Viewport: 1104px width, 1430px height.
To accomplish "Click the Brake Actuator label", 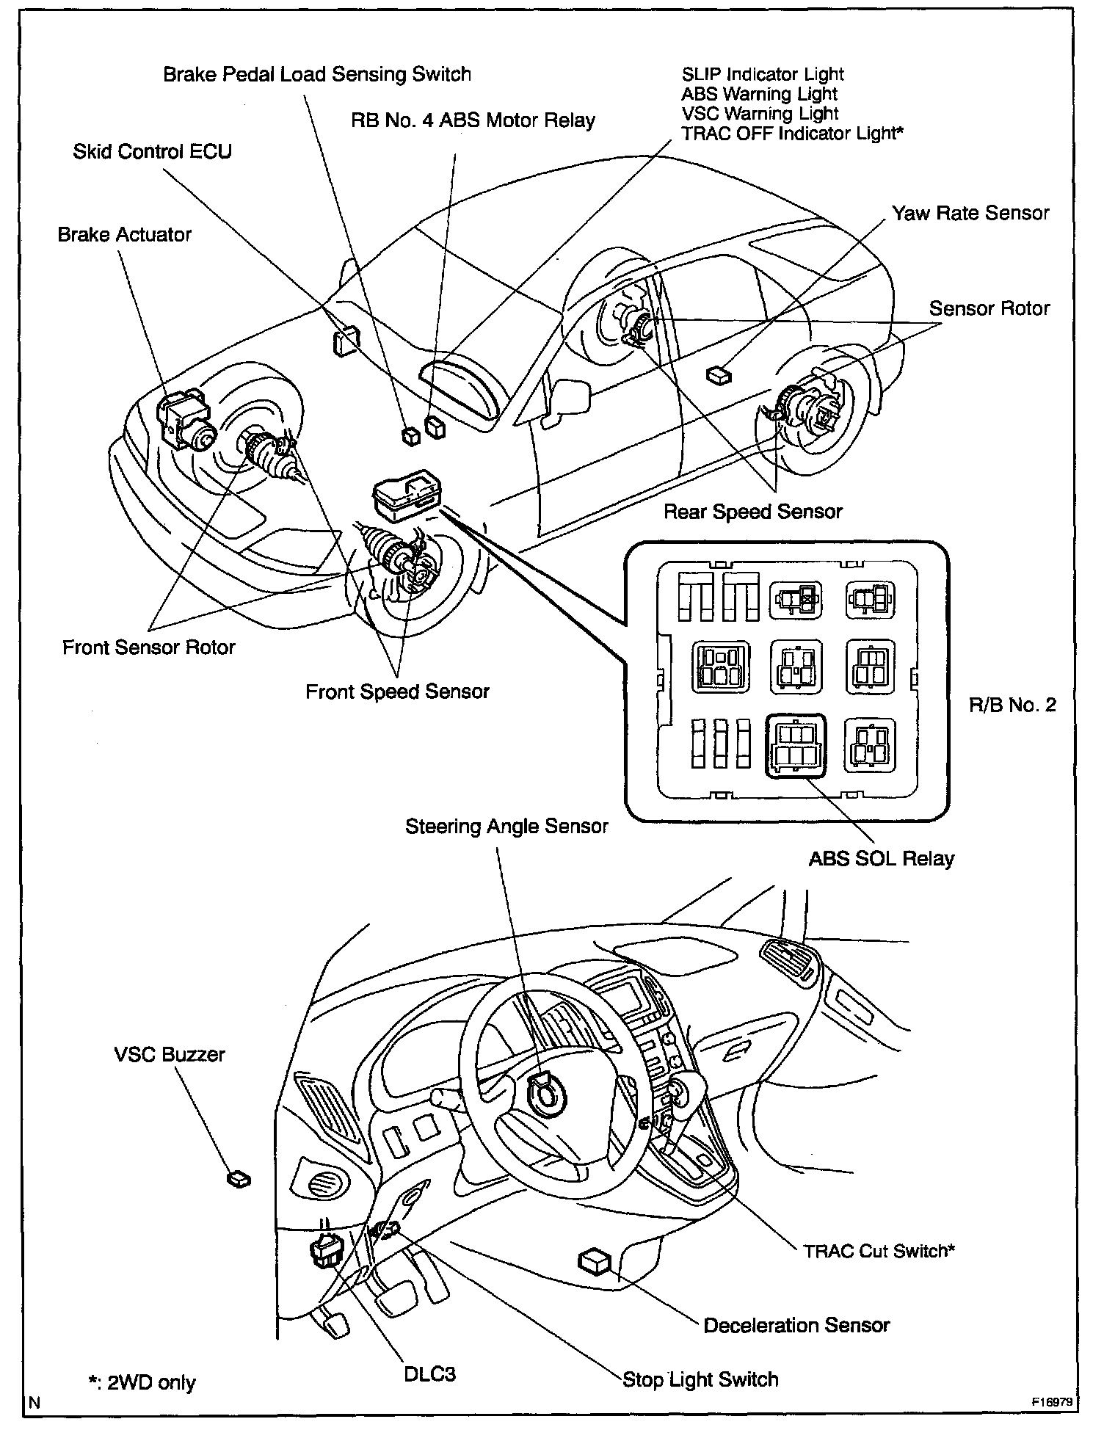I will click(x=124, y=235).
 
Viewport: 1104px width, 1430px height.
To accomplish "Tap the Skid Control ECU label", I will click(x=152, y=152).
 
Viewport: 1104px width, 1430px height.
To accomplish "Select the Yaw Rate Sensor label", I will click(x=970, y=214).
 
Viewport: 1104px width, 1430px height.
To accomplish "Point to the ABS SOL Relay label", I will click(x=881, y=859).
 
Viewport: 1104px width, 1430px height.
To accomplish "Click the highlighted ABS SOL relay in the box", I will click(x=795, y=747).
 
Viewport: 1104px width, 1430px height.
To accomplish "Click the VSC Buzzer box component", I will click(x=239, y=1179).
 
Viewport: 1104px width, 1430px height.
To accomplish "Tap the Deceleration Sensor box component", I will click(x=594, y=1261).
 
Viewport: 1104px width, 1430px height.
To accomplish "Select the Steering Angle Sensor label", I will click(x=506, y=827).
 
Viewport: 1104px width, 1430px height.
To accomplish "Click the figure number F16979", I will click(x=1054, y=1401).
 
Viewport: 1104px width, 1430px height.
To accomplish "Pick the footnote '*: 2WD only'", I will click(x=142, y=1383).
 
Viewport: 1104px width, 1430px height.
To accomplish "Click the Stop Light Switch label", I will click(x=700, y=1379).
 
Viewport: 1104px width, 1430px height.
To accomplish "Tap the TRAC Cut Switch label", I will click(x=879, y=1251).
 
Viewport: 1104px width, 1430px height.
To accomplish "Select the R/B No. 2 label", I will click(x=1012, y=705).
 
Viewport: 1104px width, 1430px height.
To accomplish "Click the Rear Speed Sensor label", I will click(x=752, y=512).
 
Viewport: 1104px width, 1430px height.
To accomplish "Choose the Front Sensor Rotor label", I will click(x=148, y=647).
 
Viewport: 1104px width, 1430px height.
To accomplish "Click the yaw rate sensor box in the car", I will click(x=718, y=375).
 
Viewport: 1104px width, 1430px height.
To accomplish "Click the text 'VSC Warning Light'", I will click(x=760, y=114).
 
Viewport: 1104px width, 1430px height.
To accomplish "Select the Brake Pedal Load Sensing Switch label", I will click(x=316, y=74).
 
